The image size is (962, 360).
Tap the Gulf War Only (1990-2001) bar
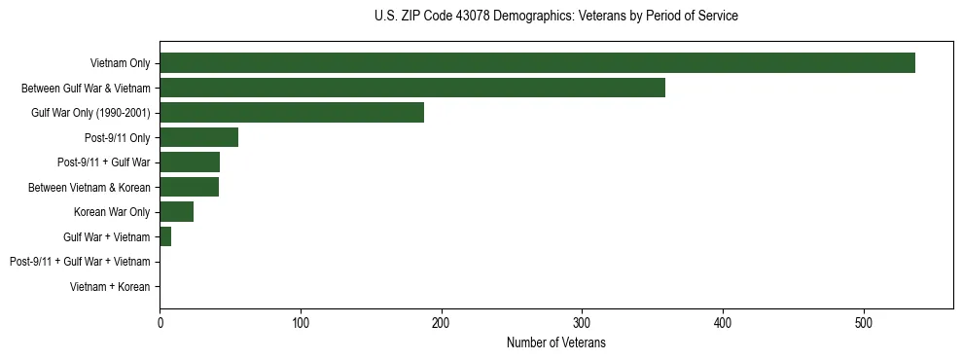pyautogui.click(x=292, y=113)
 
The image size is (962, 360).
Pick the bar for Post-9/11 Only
pyautogui.click(x=198, y=137)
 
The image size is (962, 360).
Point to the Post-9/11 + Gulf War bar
pyautogui.click(x=190, y=162)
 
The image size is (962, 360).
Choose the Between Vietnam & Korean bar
pyautogui.click(x=189, y=187)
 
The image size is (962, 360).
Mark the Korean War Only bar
pyautogui.click(x=176, y=212)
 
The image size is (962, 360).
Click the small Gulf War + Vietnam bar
pyautogui.click(x=165, y=236)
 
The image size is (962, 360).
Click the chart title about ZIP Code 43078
pyautogui.click(x=555, y=17)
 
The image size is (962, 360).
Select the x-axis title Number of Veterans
pyautogui.click(x=555, y=342)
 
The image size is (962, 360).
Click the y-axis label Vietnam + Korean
pyautogui.click(x=110, y=287)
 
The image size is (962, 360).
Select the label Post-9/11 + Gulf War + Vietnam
pyautogui.click(x=80, y=262)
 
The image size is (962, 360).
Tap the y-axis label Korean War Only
pyautogui.click(x=112, y=212)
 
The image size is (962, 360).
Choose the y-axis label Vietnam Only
pyautogui.click(x=120, y=63)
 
